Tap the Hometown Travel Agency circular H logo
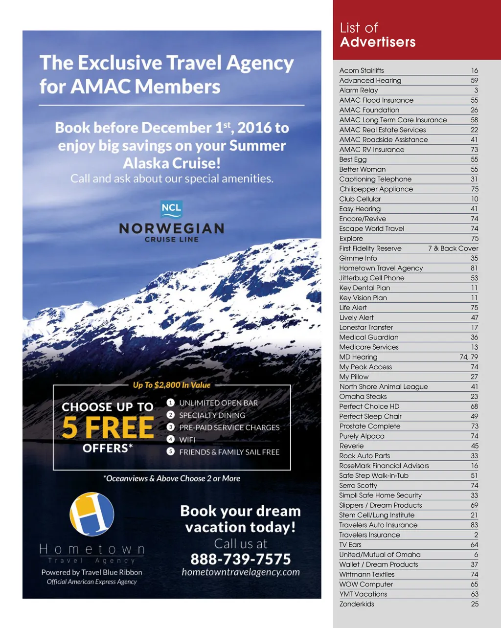pos(92,514)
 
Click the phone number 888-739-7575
pos(240,559)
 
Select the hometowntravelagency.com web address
pos(240,572)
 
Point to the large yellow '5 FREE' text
pos(108,427)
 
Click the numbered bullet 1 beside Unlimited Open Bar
pos(170,403)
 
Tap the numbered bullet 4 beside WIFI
pos(170,439)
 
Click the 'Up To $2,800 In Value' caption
pos(171,385)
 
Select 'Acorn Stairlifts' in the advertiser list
pos(362,70)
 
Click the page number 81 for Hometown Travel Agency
pos(474,268)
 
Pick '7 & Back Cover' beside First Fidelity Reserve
pos(453,248)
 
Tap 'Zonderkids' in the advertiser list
pos(357,604)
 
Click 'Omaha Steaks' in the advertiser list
pos(363,397)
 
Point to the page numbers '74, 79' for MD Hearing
pos(469,357)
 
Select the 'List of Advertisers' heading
pos(377,35)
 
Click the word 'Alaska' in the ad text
pos(146,163)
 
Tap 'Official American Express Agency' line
pos(92,582)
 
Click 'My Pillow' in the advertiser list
pos(354,377)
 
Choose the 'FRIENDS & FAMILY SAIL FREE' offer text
pos(229,452)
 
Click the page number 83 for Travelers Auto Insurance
pos(474,525)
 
